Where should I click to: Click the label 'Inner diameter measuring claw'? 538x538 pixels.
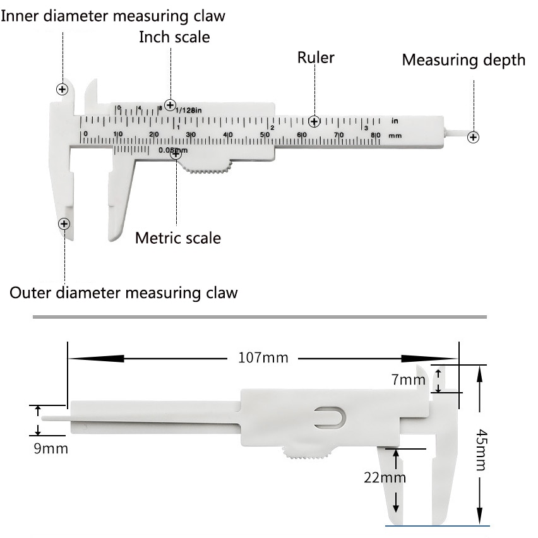pyautogui.click(x=113, y=15)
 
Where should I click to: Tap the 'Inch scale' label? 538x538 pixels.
pyautogui.click(x=174, y=37)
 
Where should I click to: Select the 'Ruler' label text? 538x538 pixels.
pyautogui.click(x=316, y=58)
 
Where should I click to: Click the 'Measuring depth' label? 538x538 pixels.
pyautogui.click(x=463, y=60)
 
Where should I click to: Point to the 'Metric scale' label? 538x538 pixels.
pyautogui.click(x=178, y=238)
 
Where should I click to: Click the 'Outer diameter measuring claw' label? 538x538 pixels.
pyautogui.click(x=124, y=293)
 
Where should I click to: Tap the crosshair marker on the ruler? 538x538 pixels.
pyautogui.click(x=314, y=121)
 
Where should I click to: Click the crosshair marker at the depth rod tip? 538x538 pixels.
pyautogui.click(x=473, y=137)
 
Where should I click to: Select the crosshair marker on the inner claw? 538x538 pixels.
pyautogui.click(x=63, y=89)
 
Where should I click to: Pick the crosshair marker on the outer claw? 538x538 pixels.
pyautogui.click(x=64, y=224)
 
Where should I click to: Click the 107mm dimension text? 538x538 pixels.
pyautogui.click(x=263, y=358)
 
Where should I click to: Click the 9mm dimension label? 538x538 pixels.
pyautogui.click(x=52, y=449)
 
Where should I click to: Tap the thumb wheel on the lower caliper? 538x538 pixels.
pyautogui.click(x=308, y=453)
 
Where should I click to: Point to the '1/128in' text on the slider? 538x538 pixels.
pyautogui.click(x=188, y=111)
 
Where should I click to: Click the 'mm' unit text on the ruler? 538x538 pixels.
pyautogui.click(x=395, y=135)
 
